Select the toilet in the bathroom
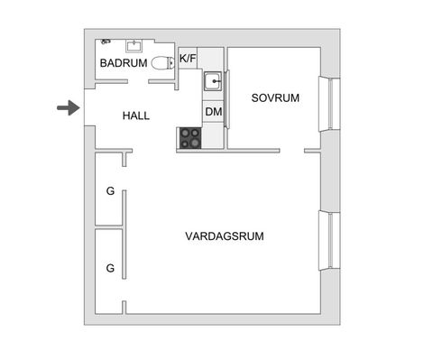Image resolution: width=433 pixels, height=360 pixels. [x=162, y=63]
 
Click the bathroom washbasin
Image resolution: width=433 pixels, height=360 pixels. [x=135, y=44]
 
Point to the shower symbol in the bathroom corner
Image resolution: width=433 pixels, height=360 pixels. [x=106, y=42]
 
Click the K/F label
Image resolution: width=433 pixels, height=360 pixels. [x=188, y=59]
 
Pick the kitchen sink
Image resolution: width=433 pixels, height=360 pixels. [x=213, y=82]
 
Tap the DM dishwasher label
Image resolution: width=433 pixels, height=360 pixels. [x=213, y=112]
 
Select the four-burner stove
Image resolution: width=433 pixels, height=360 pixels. [x=190, y=137]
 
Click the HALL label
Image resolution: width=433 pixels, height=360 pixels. [x=136, y=116]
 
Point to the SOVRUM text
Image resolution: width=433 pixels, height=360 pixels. [x=275, y=97]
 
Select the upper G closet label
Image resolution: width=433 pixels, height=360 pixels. [x=110, y=191]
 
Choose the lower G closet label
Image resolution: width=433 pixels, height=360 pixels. [x=110, y=268]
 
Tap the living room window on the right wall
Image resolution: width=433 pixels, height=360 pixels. [x=333, y=240]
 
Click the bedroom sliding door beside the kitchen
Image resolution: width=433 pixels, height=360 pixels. [x=226, y=99]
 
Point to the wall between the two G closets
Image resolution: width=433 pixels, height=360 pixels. [x=108, y=227]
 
